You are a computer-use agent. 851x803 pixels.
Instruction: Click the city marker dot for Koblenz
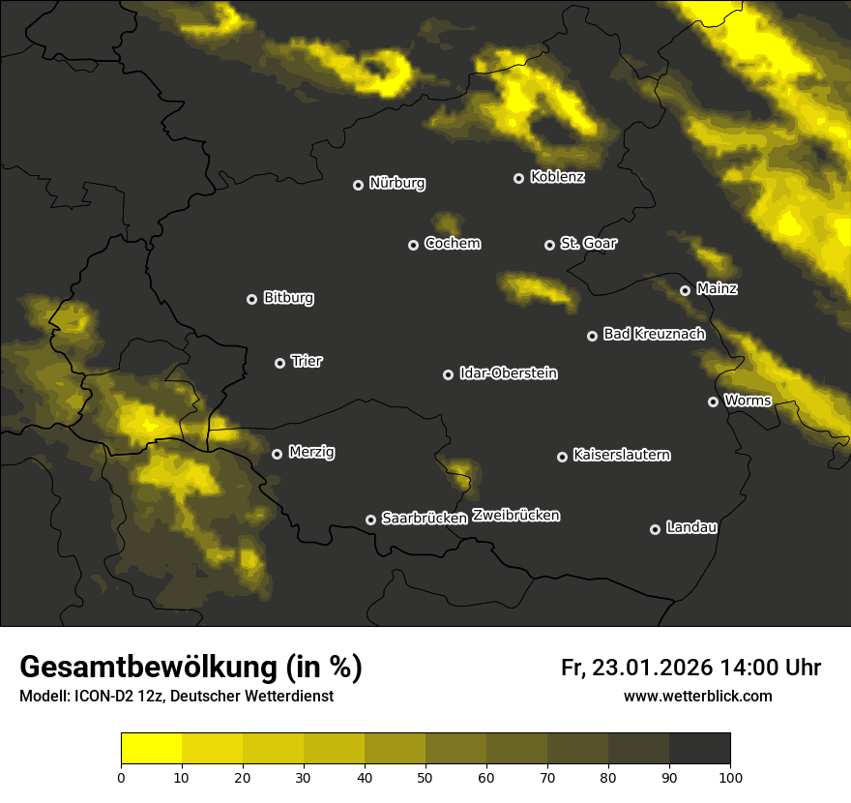click(x=518, y=178)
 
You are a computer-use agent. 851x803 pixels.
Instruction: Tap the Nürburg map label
click(x=397, y=183)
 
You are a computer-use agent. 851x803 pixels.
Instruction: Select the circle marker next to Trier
click(x=280, y=363)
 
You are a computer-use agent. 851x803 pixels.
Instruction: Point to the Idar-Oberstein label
click(x=508, y=373)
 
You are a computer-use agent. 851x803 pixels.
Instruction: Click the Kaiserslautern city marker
click(x=562, y=457)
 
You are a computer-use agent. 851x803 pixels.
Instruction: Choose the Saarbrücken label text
click(x=425, y=519)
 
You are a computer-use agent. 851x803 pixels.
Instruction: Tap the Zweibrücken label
click(x=515, y=516)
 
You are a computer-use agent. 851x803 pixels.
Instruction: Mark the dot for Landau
click(x=655, y=529)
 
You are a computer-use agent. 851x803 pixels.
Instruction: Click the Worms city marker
click(x=713, y=401)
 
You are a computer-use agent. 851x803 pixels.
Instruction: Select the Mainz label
click(x=717, y=288)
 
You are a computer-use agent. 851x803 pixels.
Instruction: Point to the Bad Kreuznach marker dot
click(x=592, y=336)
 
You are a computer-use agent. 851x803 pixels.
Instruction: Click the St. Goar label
click(x=588, y=244)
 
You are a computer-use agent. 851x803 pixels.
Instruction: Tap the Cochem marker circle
click(x=413, y=245)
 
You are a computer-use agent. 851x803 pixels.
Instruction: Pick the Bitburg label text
click(x=288, y=298)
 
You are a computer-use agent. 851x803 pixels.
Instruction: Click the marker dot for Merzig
click(x=277, y=454)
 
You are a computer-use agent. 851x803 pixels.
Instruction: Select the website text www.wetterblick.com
click(x=697, y=696)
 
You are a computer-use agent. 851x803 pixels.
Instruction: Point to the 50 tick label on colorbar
click(x=425, y=777)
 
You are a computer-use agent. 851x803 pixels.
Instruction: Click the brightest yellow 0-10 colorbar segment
click(x=151, y=749)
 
